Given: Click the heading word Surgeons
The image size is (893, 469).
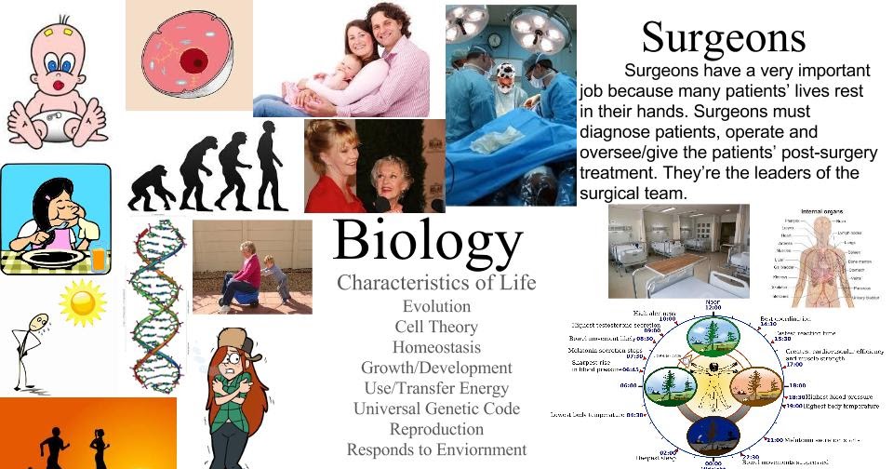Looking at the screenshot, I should (x=723, y=37).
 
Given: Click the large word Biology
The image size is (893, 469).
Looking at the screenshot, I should (x=427, y=240).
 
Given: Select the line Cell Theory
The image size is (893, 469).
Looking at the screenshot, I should (x=436, y=327).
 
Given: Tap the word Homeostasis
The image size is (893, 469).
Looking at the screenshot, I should (x=436, y=347).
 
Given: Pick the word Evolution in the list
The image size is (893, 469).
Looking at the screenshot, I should (x=436, y=306).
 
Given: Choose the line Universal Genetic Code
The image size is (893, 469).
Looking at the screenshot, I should (x=436, y=409).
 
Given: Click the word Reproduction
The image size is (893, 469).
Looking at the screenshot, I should (x=436, y=429).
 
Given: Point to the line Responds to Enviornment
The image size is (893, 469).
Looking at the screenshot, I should (x=436, y=449).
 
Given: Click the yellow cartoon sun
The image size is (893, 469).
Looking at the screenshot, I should (x=82, y=302).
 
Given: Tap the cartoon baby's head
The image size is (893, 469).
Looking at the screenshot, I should (x=55, y=57).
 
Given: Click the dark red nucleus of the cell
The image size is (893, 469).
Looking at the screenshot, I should (x=194, y=62).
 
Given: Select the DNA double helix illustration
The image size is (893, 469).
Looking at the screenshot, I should (x=155, y=307).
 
